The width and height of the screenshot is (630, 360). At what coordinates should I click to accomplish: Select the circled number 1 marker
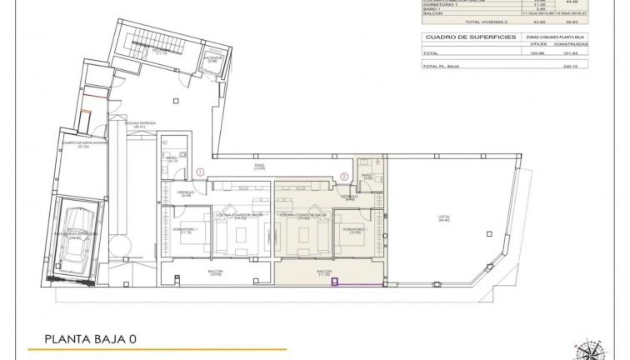(x=200, y=172)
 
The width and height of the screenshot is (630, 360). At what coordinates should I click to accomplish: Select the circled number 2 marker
(x=344, y=176)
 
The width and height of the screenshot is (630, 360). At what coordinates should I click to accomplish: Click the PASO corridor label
(x=260, y=167)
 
